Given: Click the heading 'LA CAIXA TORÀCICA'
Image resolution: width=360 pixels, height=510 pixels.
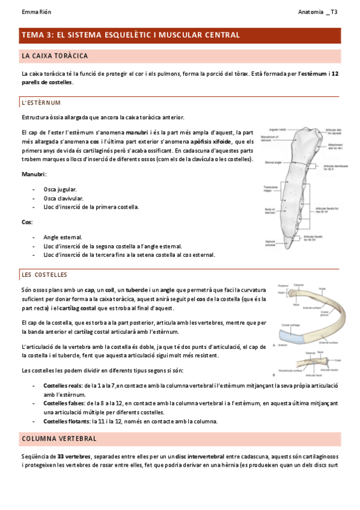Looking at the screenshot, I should (x=55, y=56).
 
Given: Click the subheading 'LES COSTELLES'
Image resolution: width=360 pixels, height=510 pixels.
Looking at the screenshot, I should (x=44, y=275).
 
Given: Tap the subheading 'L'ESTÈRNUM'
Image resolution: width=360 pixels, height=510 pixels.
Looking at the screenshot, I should (x=40, y=103).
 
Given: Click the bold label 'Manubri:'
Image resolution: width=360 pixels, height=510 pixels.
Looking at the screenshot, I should (x=34, y=174).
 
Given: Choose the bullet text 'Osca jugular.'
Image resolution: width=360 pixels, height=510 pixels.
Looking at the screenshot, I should (x=60, y=189).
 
